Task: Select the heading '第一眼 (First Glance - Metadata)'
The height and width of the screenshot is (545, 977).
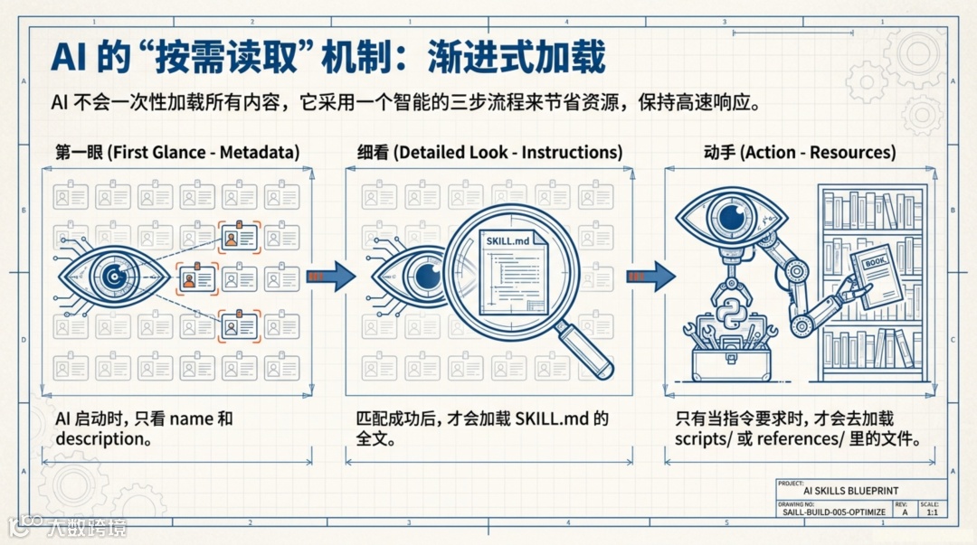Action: click(x=177, y=152)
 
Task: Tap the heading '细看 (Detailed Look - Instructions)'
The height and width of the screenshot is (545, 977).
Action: click(x=485, y=152)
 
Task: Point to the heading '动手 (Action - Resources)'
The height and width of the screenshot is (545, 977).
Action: click(x=800, y=152)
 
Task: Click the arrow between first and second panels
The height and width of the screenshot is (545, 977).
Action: click(x=332, y=276)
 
